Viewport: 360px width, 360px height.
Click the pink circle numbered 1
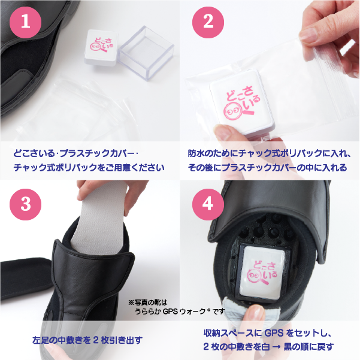click(x=26, y=22)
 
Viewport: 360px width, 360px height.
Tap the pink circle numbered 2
click(x=208, y=22)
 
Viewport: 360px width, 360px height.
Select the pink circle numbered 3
click(x=26, y=204)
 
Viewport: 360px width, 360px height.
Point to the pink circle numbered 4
click(x=208, y=204)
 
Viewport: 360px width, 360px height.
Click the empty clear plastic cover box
click(x=146, y=53)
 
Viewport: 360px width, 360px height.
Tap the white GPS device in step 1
click(x=101, y=47)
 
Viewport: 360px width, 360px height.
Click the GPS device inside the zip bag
click(x=241, y=101)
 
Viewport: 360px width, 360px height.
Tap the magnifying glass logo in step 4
click(x=257, y=276)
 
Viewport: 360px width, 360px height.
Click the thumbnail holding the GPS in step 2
click(x=221, y=133)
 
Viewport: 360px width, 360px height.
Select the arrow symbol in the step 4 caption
click(x=277, y=346)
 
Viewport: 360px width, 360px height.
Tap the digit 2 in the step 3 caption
click(x=96, y=340)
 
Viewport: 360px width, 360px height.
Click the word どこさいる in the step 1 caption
click(x=34, y=153)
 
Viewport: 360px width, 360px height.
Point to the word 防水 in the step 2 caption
click(x=196, y=153)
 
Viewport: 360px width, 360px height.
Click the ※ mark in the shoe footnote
click(x=131, y=302)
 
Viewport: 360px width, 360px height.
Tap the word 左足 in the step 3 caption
click(x=41, y=340)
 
